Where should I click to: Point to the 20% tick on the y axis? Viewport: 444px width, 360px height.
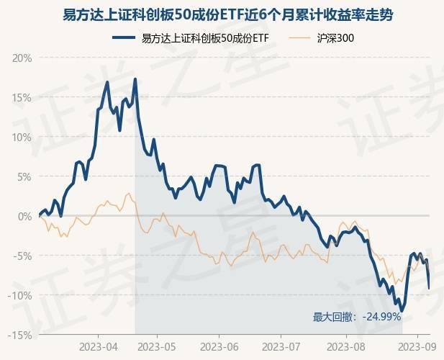[x=22, y=58]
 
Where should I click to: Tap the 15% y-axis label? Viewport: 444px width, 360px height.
[x=22, y=97]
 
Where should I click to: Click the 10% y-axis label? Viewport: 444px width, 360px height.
[x=22, y=137]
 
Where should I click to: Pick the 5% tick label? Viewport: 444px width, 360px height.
[x=24, y=176]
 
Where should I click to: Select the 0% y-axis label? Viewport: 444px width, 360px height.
[x=24, y=216]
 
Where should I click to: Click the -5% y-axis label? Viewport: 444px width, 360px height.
[x=22, y=256]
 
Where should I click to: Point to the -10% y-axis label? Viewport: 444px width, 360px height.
[x=20, y=295]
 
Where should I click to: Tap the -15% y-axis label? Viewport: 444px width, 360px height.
[x=20, y=335]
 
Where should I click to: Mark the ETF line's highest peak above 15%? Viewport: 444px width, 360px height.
[x=135, y=79]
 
